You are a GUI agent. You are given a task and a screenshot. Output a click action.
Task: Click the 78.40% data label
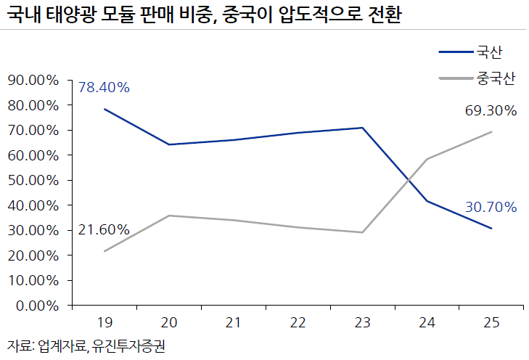[x=104, y=87]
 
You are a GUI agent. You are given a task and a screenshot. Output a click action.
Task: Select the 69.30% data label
[x=491, y=110]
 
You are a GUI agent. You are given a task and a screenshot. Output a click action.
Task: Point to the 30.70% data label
[x=491, y=207]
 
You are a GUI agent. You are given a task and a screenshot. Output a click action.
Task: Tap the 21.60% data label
[x=104, y=230]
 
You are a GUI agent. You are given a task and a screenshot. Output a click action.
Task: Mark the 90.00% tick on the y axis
[x=33, y=81]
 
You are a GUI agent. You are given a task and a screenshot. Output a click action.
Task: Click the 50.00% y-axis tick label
[x=33, y=181]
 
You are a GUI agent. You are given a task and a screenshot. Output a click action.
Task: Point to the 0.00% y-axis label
[x=37, y=306]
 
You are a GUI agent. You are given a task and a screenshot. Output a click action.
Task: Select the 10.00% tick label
[x=33, y=281]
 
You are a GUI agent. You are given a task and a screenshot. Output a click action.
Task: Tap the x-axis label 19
[x=104, y=322]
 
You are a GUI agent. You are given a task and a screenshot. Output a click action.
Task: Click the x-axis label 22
[x=298, y=322]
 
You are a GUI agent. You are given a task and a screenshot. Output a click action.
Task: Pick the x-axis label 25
[x=491, y=322]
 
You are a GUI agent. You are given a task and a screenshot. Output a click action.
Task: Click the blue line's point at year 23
[x=362, y=128]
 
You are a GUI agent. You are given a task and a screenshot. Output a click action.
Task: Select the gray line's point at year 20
[x=168, y=216]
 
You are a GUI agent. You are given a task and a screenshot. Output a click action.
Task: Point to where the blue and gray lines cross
[x=409, y=180]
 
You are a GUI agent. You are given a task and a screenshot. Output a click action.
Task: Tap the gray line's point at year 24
[x=427, y=159]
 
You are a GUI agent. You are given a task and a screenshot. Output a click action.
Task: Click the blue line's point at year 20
[x=168, y=144]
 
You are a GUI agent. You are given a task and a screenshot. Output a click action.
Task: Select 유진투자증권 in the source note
[x=129, y=346]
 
